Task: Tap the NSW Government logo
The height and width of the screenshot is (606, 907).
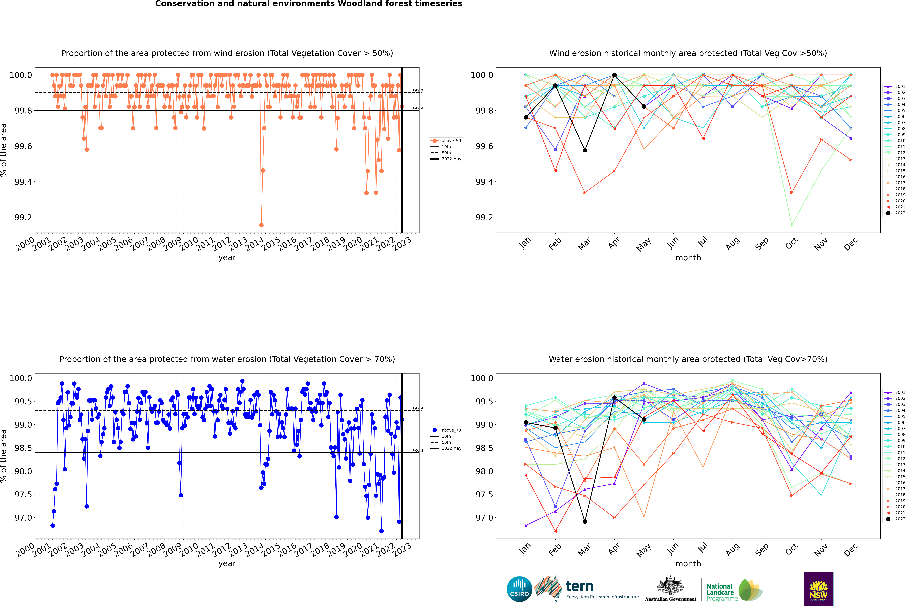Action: coord(818,589)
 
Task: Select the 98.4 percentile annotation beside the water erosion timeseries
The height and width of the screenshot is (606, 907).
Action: coord(418,451)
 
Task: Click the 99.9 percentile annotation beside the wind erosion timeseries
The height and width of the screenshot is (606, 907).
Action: coord(418,91)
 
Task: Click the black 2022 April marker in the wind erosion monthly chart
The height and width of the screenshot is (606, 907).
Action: coord(614,75)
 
